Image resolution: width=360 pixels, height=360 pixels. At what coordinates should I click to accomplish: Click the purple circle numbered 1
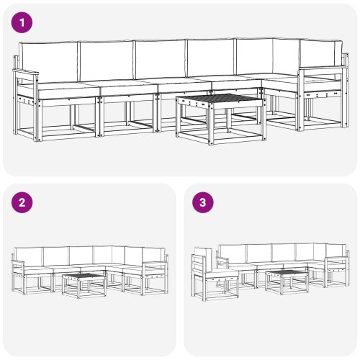[24, 23]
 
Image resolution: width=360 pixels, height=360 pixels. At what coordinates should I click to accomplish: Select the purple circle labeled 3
[205, 202]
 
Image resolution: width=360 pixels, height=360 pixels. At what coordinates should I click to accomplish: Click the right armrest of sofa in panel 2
[156, 266]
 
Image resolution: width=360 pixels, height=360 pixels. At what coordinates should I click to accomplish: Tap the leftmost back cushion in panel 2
[30, 255]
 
